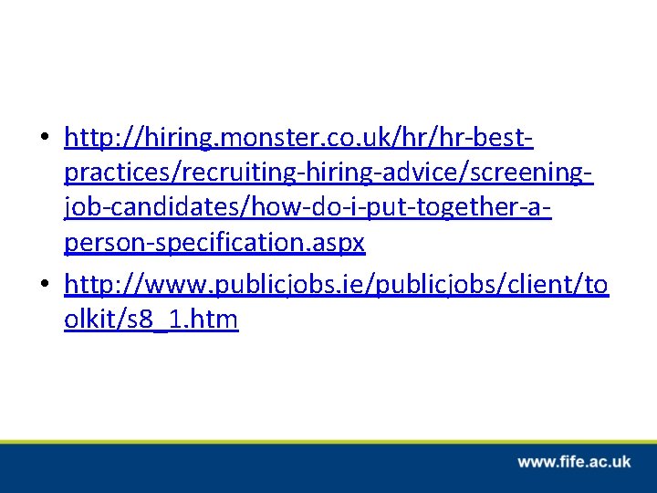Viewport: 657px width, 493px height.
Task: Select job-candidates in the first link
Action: coord(146,208)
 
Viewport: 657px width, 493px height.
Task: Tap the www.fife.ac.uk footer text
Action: coord(574,462)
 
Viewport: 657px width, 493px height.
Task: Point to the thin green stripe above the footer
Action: coord(328,441)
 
